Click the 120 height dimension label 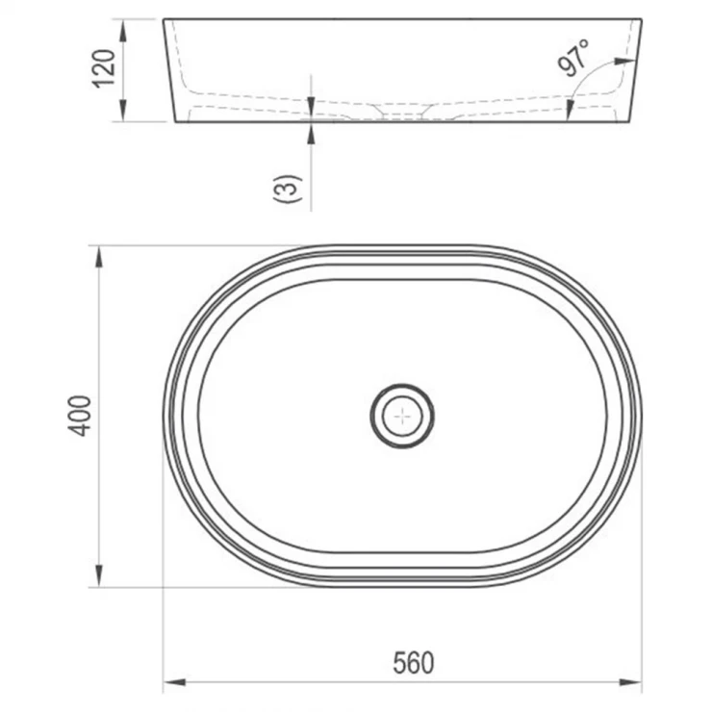[104, 68]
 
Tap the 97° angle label [574, 57]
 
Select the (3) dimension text [287, 188]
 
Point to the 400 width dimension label [80, 416]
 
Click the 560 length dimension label [413, 663]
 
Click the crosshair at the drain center [402, 416]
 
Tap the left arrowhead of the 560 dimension [174, 682]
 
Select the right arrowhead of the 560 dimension [630, 682]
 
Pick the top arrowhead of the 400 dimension [98, 258]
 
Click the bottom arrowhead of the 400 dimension [98, 575]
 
